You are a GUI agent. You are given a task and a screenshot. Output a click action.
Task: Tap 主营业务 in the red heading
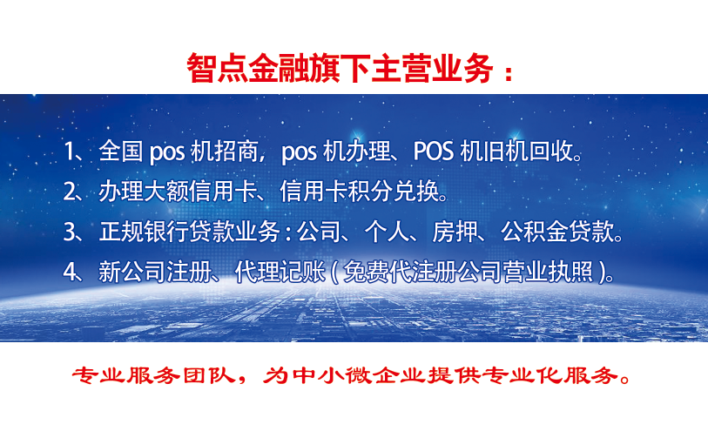[432, 68]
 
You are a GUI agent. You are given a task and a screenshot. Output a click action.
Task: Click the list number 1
[70, 152]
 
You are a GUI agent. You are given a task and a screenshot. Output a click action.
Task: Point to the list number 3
[71, 232]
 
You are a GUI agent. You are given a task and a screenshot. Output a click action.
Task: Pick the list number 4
[71, 272]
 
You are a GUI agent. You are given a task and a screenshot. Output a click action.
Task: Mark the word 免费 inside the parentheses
[366, 272]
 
